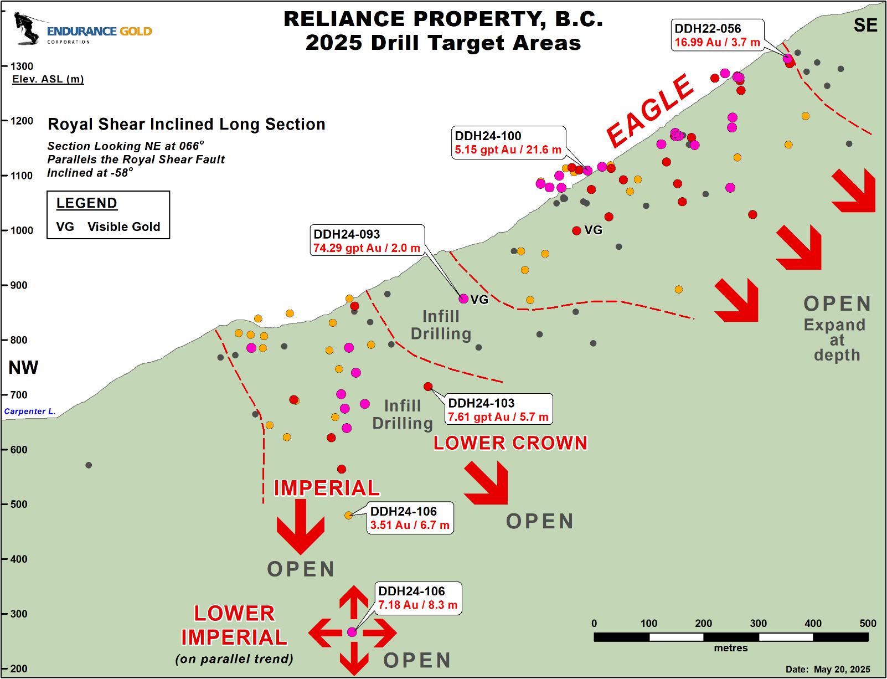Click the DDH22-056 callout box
pos(717,35)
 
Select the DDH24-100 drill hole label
pos(488,136)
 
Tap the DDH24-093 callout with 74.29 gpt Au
pos(367,240)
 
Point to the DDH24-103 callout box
pos(498,409)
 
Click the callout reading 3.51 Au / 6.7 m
pos(410,518)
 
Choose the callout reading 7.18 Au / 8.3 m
pos(418,598)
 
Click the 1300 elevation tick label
pos(22,66)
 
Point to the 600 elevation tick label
pos(19,449)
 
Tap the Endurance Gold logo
pos(83,29)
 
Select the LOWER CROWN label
pos(510,443)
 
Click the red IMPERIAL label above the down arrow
pos(327,488)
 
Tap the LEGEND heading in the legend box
pos(86,203)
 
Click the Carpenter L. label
pos(29,411)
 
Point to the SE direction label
pos(865,25)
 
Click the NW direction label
pos(23,367)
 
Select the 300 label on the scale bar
pos(758,623)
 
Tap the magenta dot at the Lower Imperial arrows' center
pos(352,632)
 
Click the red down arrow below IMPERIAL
pos(300,527)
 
